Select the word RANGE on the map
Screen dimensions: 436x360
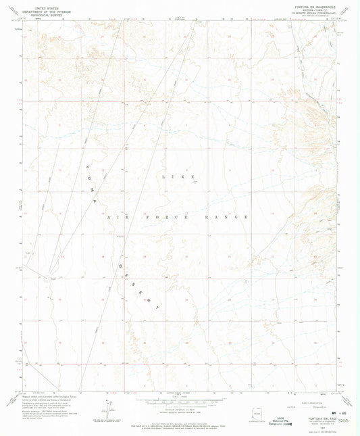pyautogui.click(x=236, y=217)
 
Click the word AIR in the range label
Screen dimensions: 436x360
pyautogui.click(x=116, y=217)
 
